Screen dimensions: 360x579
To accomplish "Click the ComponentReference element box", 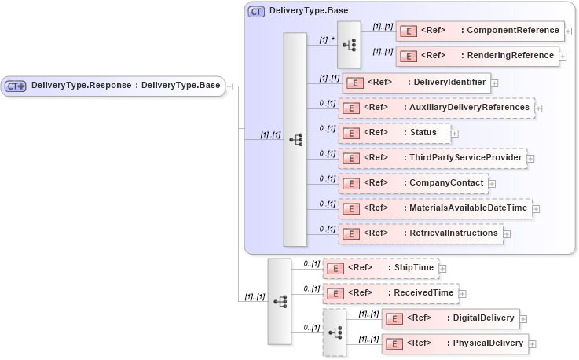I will click(479, 31).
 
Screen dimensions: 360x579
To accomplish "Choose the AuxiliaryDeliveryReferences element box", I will click(436, 108).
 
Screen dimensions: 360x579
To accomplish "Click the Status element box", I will click(394, 133).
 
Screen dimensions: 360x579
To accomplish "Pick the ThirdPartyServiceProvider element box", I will click(432, 158).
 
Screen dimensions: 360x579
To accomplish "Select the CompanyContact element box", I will click(412, 183).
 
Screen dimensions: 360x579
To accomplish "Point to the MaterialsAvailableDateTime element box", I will click(434, 208).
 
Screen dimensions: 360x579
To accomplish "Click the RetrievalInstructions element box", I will click(420, 233).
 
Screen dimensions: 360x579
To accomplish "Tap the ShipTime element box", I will click(379, 268).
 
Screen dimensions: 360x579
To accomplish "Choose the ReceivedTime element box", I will click(390, 293).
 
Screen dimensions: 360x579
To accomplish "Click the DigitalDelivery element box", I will click(449, 318).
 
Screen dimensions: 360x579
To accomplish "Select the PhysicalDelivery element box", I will click(454, 343).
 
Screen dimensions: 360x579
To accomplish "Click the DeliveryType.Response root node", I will click(114, 86).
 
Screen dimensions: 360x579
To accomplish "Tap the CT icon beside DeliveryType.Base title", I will click(256, 12).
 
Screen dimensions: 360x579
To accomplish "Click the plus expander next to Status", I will click(455, 134).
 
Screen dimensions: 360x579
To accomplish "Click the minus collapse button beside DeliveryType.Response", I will click(230, 86).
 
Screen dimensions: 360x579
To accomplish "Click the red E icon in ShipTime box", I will click(335, 268).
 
